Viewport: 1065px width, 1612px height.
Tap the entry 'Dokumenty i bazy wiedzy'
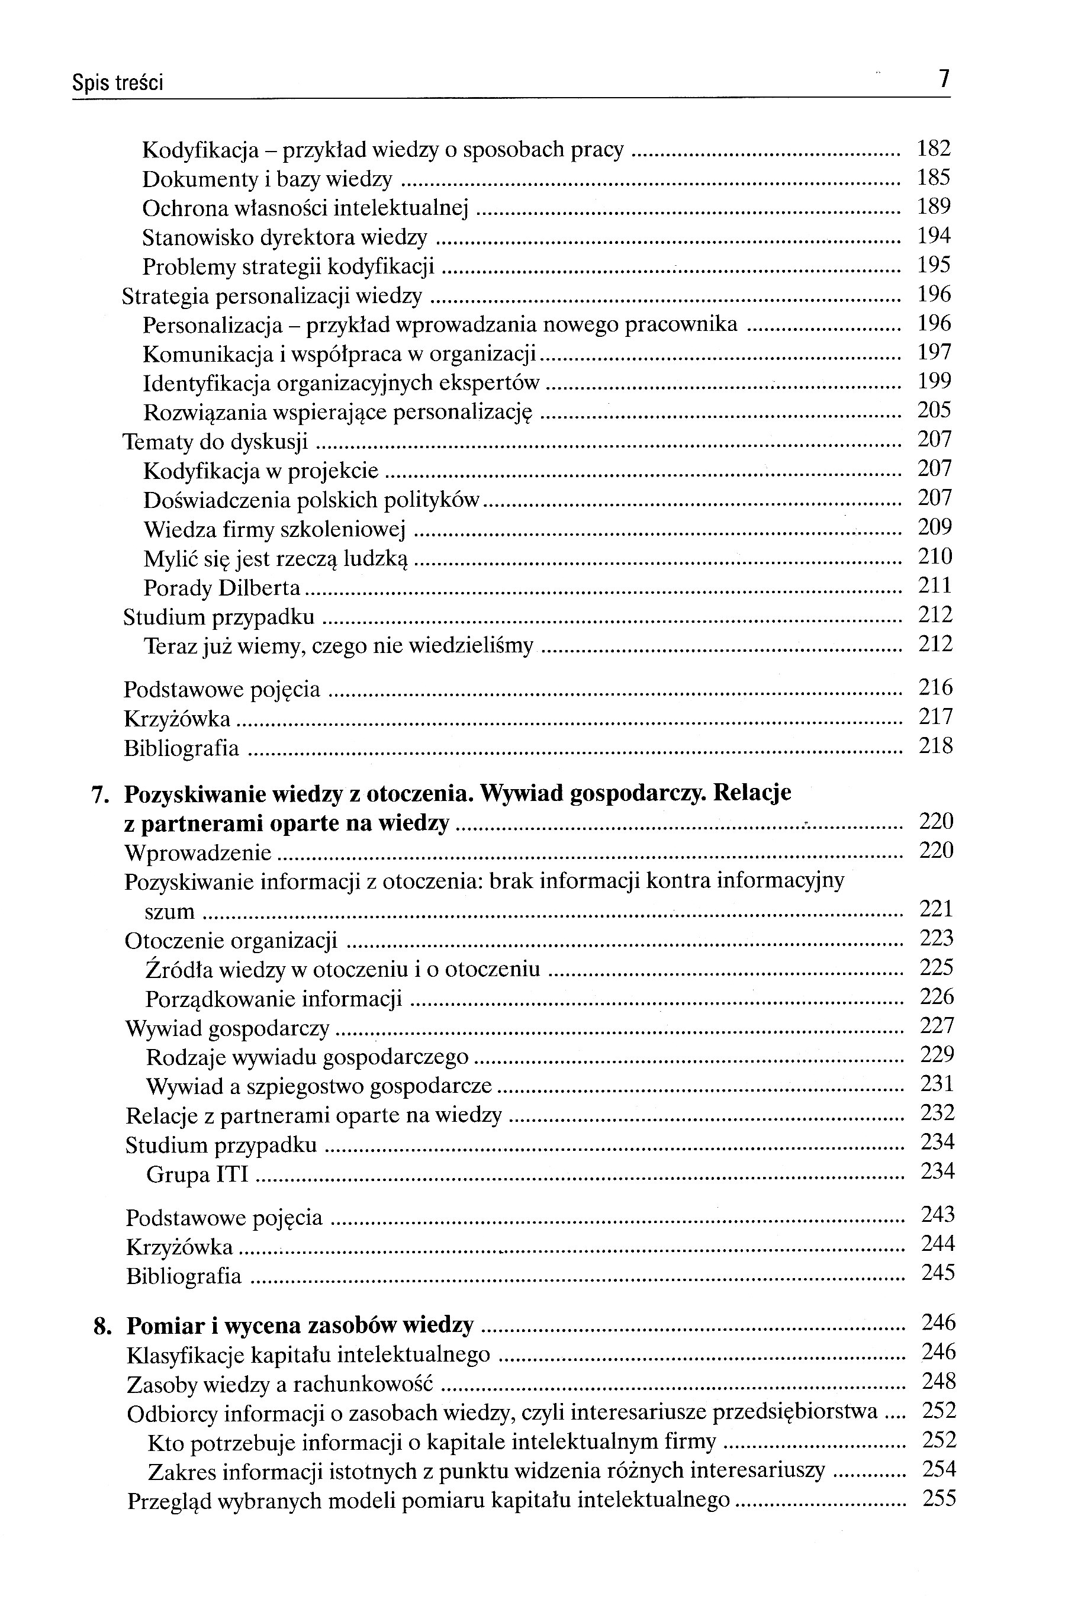[x=267, y=179]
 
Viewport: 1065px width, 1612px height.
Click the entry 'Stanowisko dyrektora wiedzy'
[x=285, y=237]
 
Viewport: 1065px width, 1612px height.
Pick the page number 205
[x=935, y=410]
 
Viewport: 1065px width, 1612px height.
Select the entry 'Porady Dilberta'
[x=222, y=587]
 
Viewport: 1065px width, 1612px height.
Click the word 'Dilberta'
[x=259, y=587]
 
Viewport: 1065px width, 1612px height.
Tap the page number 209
[x=935, y=527]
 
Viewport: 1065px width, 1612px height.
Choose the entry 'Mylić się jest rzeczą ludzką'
[x=276, y=559]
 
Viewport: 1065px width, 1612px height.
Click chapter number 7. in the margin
[x=101, y=794]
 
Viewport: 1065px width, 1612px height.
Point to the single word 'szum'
[x=170, y=911]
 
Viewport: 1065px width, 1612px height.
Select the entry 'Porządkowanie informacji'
[x=274, y=999]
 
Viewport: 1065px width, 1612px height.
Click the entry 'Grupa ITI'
[x=198, y=1174]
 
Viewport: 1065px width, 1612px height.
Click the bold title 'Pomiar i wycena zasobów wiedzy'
[x=300, y=1325]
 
